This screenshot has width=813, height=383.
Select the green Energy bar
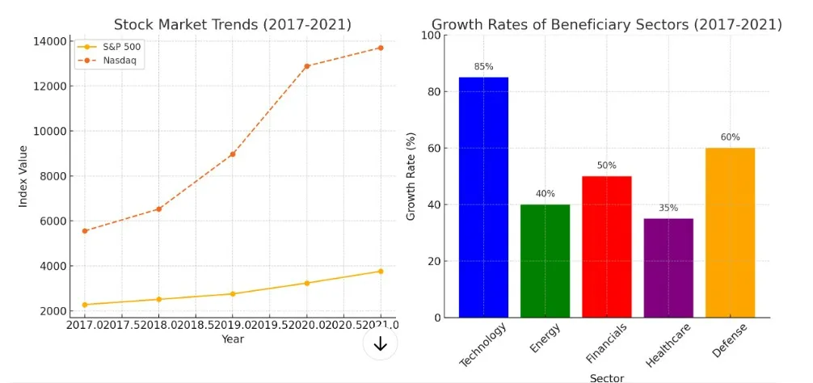545,260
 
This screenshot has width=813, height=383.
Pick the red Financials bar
606,246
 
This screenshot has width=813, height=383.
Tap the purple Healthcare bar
668,267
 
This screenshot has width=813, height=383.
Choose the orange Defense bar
730,232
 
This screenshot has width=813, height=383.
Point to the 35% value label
668,208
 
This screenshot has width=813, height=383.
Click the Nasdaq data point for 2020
307,66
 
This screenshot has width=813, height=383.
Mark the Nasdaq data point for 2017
85,231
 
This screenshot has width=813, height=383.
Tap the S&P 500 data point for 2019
233,294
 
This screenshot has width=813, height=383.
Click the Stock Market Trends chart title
233,24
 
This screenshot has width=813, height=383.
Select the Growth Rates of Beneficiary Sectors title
606,24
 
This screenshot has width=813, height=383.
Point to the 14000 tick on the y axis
50,41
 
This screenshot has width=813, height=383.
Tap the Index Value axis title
23,175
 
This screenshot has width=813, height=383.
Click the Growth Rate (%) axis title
411,176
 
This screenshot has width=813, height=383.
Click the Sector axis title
606,377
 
